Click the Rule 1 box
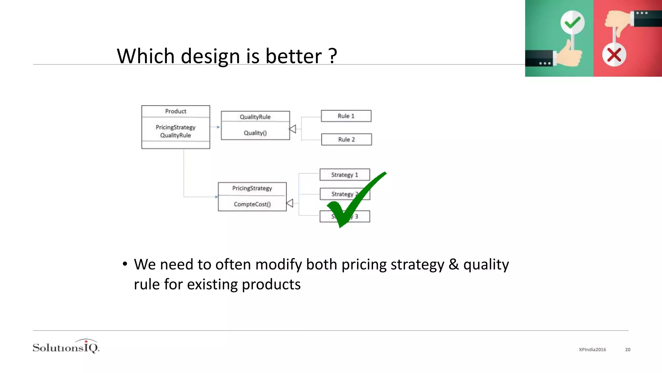point(346,116)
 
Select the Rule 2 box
point(346,140)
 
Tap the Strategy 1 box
point(345,175)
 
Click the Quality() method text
point(255,133)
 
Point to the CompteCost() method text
point(252,204)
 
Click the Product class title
point(176,111)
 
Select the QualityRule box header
point(255,117)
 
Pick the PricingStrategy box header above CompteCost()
point(252,188)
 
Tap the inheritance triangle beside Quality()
point(293,129)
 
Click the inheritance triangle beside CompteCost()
point(290,203)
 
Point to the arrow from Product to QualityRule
point(215,127)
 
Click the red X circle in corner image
point(614,55)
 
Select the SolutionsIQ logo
point(66,347)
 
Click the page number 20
point(627,350)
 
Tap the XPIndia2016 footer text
point(592,350)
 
